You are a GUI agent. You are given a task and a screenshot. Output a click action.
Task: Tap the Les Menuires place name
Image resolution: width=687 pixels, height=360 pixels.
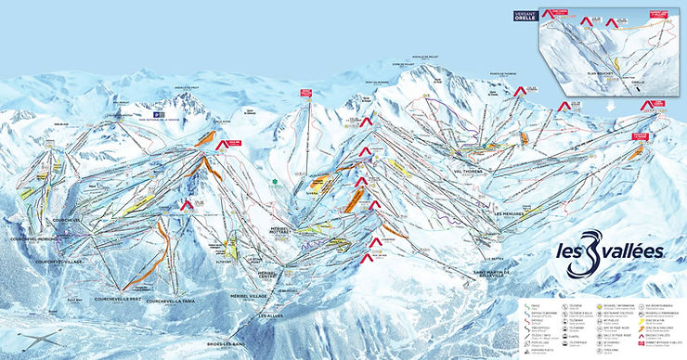[x=510, y=213]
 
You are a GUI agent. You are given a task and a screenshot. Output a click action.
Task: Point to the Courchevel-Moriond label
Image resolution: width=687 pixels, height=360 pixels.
[x=34, y=239]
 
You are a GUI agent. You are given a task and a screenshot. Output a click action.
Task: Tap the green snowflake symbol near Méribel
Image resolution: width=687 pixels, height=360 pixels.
[x=274, y=182]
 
